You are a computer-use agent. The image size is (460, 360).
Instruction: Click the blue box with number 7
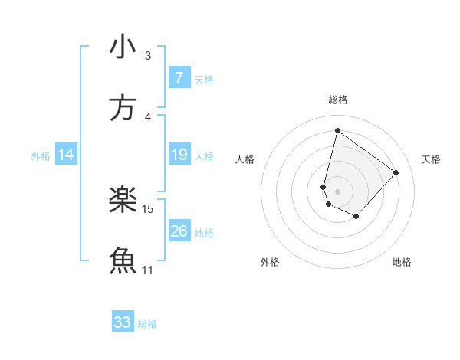179,77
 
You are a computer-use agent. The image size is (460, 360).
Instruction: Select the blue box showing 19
179,155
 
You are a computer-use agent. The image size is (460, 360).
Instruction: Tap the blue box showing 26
179,231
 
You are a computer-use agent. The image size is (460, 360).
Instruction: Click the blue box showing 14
66,155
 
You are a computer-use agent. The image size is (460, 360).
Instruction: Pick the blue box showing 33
123,322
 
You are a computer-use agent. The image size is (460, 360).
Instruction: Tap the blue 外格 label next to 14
41,156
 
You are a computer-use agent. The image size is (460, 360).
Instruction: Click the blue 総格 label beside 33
148,324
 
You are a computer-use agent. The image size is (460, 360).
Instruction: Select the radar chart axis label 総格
338,100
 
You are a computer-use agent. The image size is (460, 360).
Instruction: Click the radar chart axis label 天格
432,159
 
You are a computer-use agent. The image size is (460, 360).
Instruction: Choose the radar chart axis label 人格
245,159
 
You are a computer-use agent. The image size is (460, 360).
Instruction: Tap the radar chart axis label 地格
402,262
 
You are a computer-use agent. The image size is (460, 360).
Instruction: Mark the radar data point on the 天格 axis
396,172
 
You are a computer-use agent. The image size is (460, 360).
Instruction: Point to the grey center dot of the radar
338,191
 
